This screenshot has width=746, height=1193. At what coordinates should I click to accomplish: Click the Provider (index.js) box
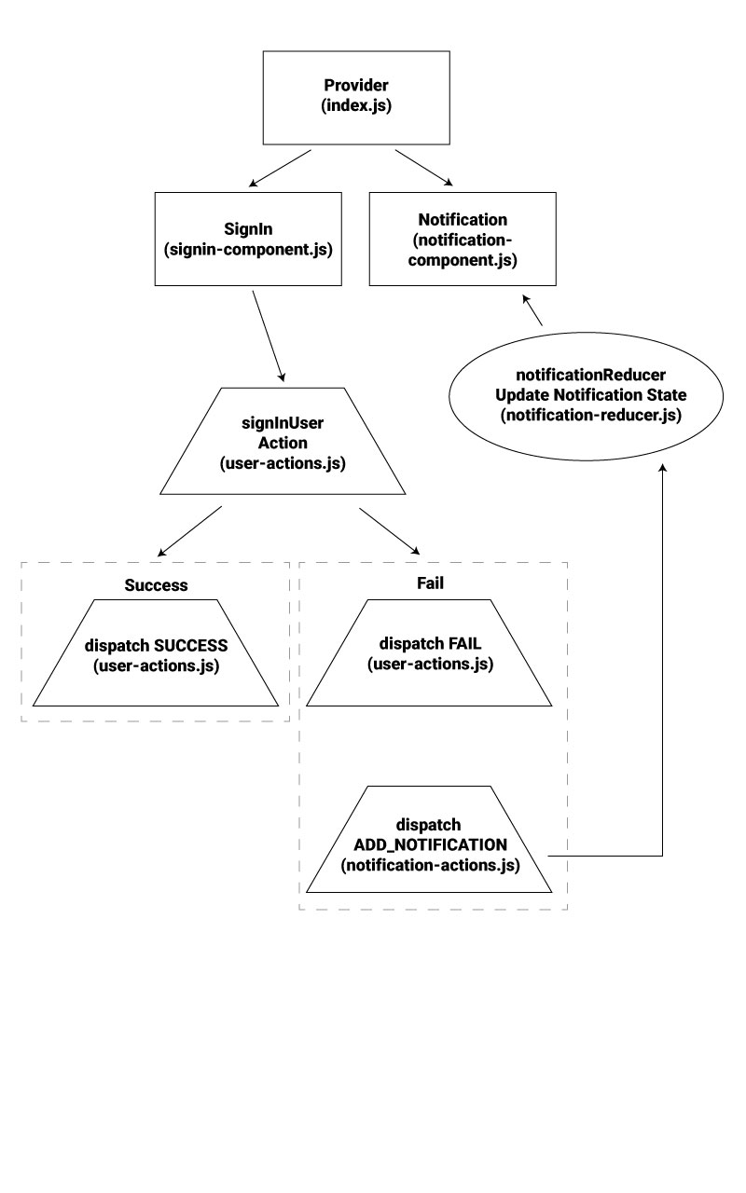pos(356,98)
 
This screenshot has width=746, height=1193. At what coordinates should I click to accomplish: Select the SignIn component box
pos(248,239)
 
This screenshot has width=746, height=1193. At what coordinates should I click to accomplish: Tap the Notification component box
pos(463,239)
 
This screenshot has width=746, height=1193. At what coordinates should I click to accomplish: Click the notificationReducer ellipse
pos(587,396)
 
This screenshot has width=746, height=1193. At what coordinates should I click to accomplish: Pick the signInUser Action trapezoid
pos(283,441)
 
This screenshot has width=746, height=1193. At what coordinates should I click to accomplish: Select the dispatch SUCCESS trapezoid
pos(156,653)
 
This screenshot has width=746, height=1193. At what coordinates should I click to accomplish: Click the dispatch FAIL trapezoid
pos(429,653)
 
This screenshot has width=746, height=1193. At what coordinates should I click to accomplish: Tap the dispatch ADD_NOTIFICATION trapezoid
pos(429,840)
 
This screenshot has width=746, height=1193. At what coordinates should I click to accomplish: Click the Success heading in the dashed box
pos(156,585)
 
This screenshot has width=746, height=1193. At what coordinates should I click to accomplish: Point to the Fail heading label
pos(430,583)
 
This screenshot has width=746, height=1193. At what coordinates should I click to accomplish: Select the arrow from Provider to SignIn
pos(280,169)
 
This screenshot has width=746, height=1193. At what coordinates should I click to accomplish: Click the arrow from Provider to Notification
pos(424,168)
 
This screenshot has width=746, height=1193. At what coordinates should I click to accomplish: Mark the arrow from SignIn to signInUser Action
pos(269,336)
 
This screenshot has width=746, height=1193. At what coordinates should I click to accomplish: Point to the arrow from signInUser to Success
pos(189,531)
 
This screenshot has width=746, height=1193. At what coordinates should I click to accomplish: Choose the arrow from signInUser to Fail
pos(390,531)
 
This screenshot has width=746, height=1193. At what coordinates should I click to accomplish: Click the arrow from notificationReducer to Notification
pos(532,310)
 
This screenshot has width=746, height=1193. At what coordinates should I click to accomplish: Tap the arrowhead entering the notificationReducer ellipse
pos(662,467)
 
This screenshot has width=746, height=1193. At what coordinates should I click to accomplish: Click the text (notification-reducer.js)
pos(591,415)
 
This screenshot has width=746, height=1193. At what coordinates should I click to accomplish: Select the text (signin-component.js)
pos(248,249)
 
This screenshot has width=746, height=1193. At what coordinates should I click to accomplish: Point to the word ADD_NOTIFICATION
pos(431,845)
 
